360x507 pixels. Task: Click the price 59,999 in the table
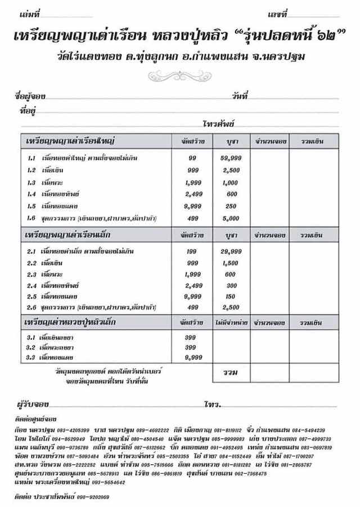[x=230, y=159]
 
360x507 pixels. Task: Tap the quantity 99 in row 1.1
[x=192, y=159]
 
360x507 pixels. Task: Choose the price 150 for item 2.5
[x=230, y=297]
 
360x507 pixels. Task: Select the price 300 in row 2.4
[x=230, y=285]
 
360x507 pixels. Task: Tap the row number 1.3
[x=32, y=183]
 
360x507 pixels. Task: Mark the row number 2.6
[x=32, y=308]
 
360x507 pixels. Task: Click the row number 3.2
[x=32, y=347]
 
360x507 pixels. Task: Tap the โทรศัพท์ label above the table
[x=218, y=123]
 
